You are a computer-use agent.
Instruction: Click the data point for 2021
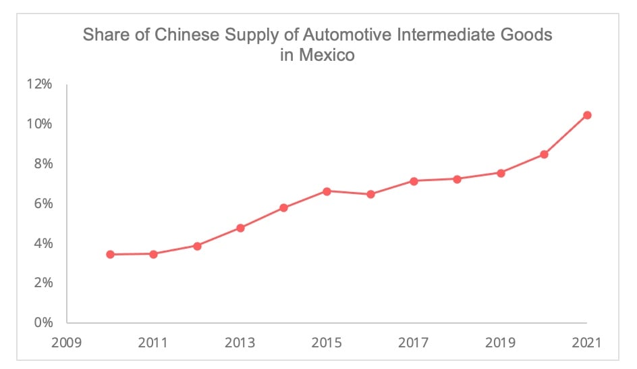587,115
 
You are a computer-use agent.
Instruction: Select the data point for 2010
110,254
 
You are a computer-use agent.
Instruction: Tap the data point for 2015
327,191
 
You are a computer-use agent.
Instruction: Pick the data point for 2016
370,194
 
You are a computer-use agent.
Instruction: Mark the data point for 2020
544,154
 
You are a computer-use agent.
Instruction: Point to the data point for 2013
240,228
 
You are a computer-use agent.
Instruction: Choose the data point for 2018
457,179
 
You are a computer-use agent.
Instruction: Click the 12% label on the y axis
39,84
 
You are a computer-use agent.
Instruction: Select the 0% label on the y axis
43,322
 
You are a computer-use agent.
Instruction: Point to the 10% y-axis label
39,124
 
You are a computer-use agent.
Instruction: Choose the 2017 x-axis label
414,343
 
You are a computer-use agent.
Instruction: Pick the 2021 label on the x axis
587,343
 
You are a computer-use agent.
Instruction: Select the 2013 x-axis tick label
240,343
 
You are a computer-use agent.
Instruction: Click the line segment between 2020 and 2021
565,134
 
